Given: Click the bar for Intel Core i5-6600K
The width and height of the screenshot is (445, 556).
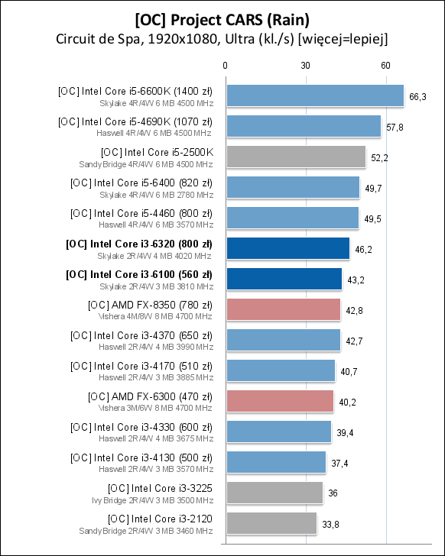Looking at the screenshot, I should coord(314,95).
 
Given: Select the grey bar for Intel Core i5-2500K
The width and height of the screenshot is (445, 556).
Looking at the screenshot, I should coord(295,157).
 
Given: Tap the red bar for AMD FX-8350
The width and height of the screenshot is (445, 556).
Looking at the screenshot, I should coord(283,309).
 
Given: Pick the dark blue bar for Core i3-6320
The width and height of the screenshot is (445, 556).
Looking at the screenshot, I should coord(287,248).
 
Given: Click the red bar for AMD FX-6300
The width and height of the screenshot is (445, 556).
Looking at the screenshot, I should coord(280,401).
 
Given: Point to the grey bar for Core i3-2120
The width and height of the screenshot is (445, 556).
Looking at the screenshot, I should coord(271,523).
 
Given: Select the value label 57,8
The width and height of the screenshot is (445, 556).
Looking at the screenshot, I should coord(395,127).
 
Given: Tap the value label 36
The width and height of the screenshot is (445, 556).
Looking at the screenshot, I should coord(333,493).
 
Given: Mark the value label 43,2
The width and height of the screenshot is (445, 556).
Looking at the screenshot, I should coord(356,280).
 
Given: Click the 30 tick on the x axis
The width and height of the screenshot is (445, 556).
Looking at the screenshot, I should coord(305,66).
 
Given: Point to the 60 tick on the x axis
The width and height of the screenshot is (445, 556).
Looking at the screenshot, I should coord(385,66).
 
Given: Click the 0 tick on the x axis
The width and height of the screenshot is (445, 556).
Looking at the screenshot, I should coord(225,66).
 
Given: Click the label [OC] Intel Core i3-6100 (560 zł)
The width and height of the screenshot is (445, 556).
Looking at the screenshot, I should coord(140,273).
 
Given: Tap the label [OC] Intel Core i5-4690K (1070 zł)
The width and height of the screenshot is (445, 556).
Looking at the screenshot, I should coord(135,121).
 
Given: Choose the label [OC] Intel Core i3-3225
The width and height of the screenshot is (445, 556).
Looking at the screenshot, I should coord(161,487).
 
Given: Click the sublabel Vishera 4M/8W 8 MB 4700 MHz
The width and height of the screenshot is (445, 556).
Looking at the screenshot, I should coord(156,315).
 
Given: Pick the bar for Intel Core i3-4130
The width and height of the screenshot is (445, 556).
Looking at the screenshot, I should coord(275,462).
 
